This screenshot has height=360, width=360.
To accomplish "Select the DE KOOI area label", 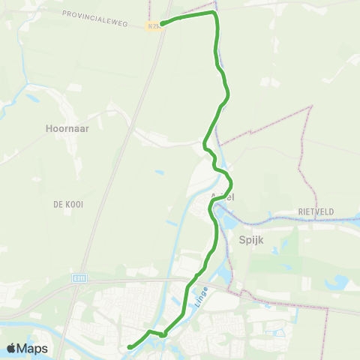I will click(x=67, y=204).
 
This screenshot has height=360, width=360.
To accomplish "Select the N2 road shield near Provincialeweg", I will click(x=153, y=25).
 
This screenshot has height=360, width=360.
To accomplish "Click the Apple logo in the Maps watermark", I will click(x=12, y=348).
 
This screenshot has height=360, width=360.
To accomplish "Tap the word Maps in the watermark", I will click(x=32, y=348).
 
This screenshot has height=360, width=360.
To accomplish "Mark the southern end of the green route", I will click(x=129, y=346).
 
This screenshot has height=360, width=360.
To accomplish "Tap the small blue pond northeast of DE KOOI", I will click(x=160, y=172).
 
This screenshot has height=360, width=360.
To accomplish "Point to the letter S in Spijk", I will click(x=241, y=241).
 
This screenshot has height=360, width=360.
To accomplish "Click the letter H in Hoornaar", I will click(x=47, y=127).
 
